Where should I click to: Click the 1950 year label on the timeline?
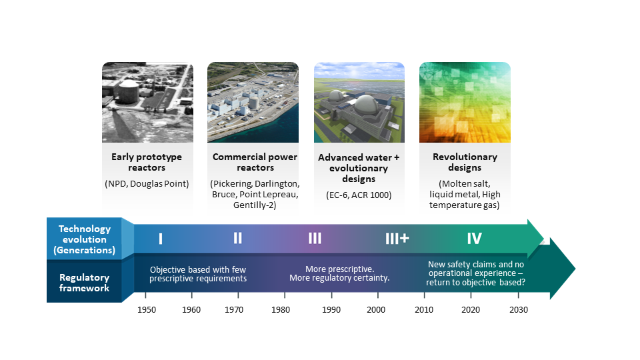click(147, 310)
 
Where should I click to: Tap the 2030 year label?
click(519, 310)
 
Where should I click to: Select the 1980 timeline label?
click(281, 310)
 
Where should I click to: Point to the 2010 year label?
click(424, 310)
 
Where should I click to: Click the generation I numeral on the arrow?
click(161, 239)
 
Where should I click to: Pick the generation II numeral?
click(237, 238)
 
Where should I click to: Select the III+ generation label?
click(397, 239)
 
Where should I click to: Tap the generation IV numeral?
click(474, 239)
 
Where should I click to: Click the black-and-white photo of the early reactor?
click(148, 102)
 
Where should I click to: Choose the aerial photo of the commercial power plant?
click(253, 102)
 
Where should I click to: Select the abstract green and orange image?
click(465, 102)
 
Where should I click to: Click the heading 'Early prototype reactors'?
click(147, 162)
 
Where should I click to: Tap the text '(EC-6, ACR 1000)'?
click(359, 195)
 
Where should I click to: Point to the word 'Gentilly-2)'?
click(255, 205)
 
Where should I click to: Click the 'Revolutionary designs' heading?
click(465, 162)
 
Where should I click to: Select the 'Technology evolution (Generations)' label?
click(85, 239)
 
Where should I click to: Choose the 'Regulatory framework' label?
click(85, 283)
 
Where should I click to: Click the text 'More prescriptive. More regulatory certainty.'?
click(339, 273)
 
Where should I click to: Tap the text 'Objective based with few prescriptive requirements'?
click(198, 274)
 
